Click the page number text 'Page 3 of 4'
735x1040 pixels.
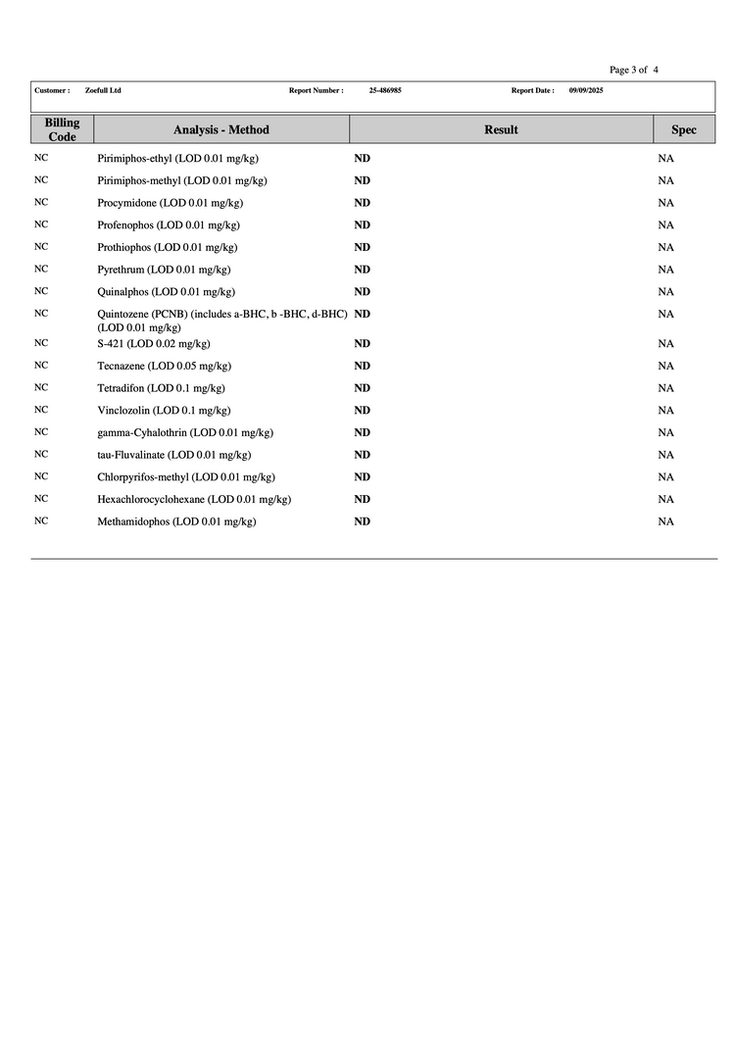(633, 70)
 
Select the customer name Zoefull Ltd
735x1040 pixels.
(103, 90)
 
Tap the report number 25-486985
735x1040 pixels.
(385, 90)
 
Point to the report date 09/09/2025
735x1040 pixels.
(586, 90)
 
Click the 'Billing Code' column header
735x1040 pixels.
(62, 129)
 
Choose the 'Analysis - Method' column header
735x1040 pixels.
(221, 129)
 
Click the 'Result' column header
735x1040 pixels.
(501, 129)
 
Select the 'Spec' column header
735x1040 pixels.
(684, 129)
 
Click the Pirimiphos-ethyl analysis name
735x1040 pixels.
(177, 158)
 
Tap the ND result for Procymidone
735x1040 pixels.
(362, 203)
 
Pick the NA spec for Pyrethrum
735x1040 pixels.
(665, 270)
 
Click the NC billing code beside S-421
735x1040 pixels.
(41, 343)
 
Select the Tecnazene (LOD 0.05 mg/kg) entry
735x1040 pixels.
(164, 366)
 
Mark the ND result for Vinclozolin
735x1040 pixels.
(362, 410)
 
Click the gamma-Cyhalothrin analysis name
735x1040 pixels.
(185, 432)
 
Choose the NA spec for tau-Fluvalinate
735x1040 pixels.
(665, 455)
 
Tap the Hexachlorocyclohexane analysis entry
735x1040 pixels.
(194, 499)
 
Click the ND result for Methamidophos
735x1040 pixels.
(362, 521)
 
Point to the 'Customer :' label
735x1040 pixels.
(52, 90)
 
